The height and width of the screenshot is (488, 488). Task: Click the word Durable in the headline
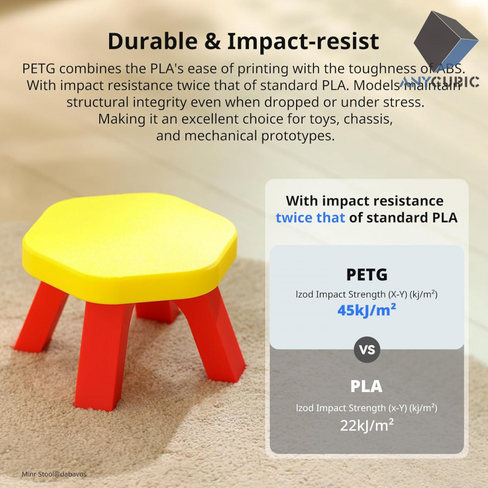coord(152,41)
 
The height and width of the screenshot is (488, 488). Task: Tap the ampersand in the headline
coord(213,41)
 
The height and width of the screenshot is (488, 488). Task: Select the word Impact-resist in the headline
coord(303,42)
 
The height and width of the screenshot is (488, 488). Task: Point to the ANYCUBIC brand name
coord(439,82)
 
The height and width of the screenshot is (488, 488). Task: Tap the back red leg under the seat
coord(157,311)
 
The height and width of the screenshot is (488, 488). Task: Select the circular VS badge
coord(367,350)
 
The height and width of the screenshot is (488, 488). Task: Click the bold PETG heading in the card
coord(367,275)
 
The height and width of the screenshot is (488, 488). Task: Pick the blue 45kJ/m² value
coord(367,310)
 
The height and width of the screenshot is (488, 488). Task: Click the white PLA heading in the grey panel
coord(367,386)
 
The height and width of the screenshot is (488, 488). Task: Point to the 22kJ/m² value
coord(367,426)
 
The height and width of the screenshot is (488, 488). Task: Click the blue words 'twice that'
coord(310,217)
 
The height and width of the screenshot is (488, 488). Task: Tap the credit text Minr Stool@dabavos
coord(54,474)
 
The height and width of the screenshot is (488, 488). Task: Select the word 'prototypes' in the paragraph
coord(298,136)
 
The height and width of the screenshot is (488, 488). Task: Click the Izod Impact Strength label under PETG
coord(367,294)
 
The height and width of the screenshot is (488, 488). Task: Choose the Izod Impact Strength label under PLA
coord(367,408)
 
